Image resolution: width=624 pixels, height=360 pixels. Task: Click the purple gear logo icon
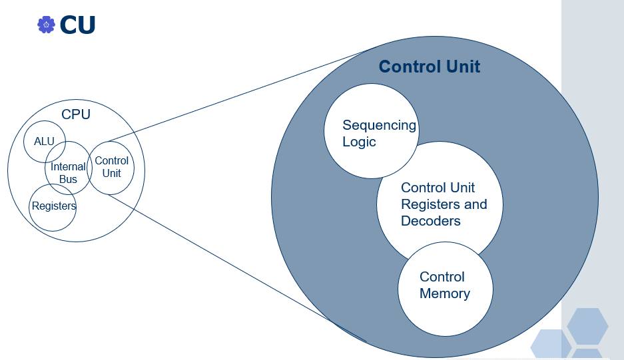tap(46, 25)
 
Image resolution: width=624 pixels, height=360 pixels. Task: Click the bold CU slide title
tap(77, 25)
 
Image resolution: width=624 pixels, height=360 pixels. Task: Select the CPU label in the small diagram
tap(76, 114)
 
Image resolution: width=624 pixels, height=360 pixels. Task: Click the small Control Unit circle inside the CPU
tap(111, 167)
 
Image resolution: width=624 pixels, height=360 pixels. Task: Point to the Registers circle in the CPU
tap(53, 207)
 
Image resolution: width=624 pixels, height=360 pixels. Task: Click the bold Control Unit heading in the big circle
tap(430, 67)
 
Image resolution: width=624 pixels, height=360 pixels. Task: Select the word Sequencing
tap(379, 125)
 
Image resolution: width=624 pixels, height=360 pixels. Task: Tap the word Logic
tap(359, 142)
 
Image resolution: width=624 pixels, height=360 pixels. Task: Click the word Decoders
tap(431, 221)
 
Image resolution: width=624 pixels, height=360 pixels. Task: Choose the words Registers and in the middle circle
tap(444, 204)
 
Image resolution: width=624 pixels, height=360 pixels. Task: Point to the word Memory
tap(445, 293)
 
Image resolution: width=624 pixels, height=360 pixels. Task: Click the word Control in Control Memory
tap(442, 277)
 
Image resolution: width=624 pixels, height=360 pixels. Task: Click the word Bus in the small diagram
tap(68, 179)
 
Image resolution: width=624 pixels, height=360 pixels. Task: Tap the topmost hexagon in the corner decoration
tap(587, 325)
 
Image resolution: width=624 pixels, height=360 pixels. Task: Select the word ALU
tap(44, 141)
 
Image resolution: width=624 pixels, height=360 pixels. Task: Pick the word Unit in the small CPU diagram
tap(112, 173)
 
